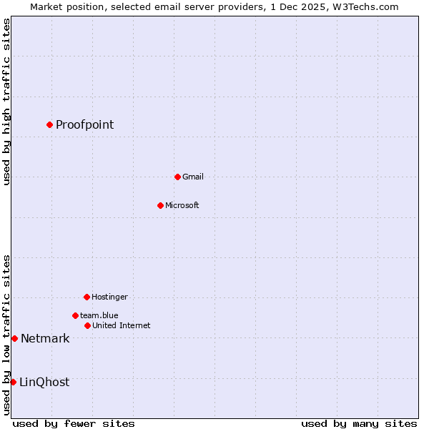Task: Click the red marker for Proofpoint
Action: click(49, 125)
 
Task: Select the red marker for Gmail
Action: click(177, 177)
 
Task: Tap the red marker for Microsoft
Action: click(160, 205)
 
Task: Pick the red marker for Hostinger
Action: click(87, 297)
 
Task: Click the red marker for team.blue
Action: click(75, 315)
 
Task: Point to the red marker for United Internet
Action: click(87, 325)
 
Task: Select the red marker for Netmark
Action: click(14, 338)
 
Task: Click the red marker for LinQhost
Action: click(13, 382)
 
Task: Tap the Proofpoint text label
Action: click(84, 125)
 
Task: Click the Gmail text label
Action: click(192, 177)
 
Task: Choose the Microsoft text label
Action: click(182, 205)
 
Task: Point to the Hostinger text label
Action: click(109, 297)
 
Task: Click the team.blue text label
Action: click(99, 315)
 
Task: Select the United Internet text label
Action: click(121, 325)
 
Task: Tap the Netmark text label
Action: click(45, 338)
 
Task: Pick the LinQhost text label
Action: click(44, 382)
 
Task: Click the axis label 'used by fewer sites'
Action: click(73, 423)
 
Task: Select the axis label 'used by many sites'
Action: click(358, 423)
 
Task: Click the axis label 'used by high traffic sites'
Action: click(6, 102)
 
